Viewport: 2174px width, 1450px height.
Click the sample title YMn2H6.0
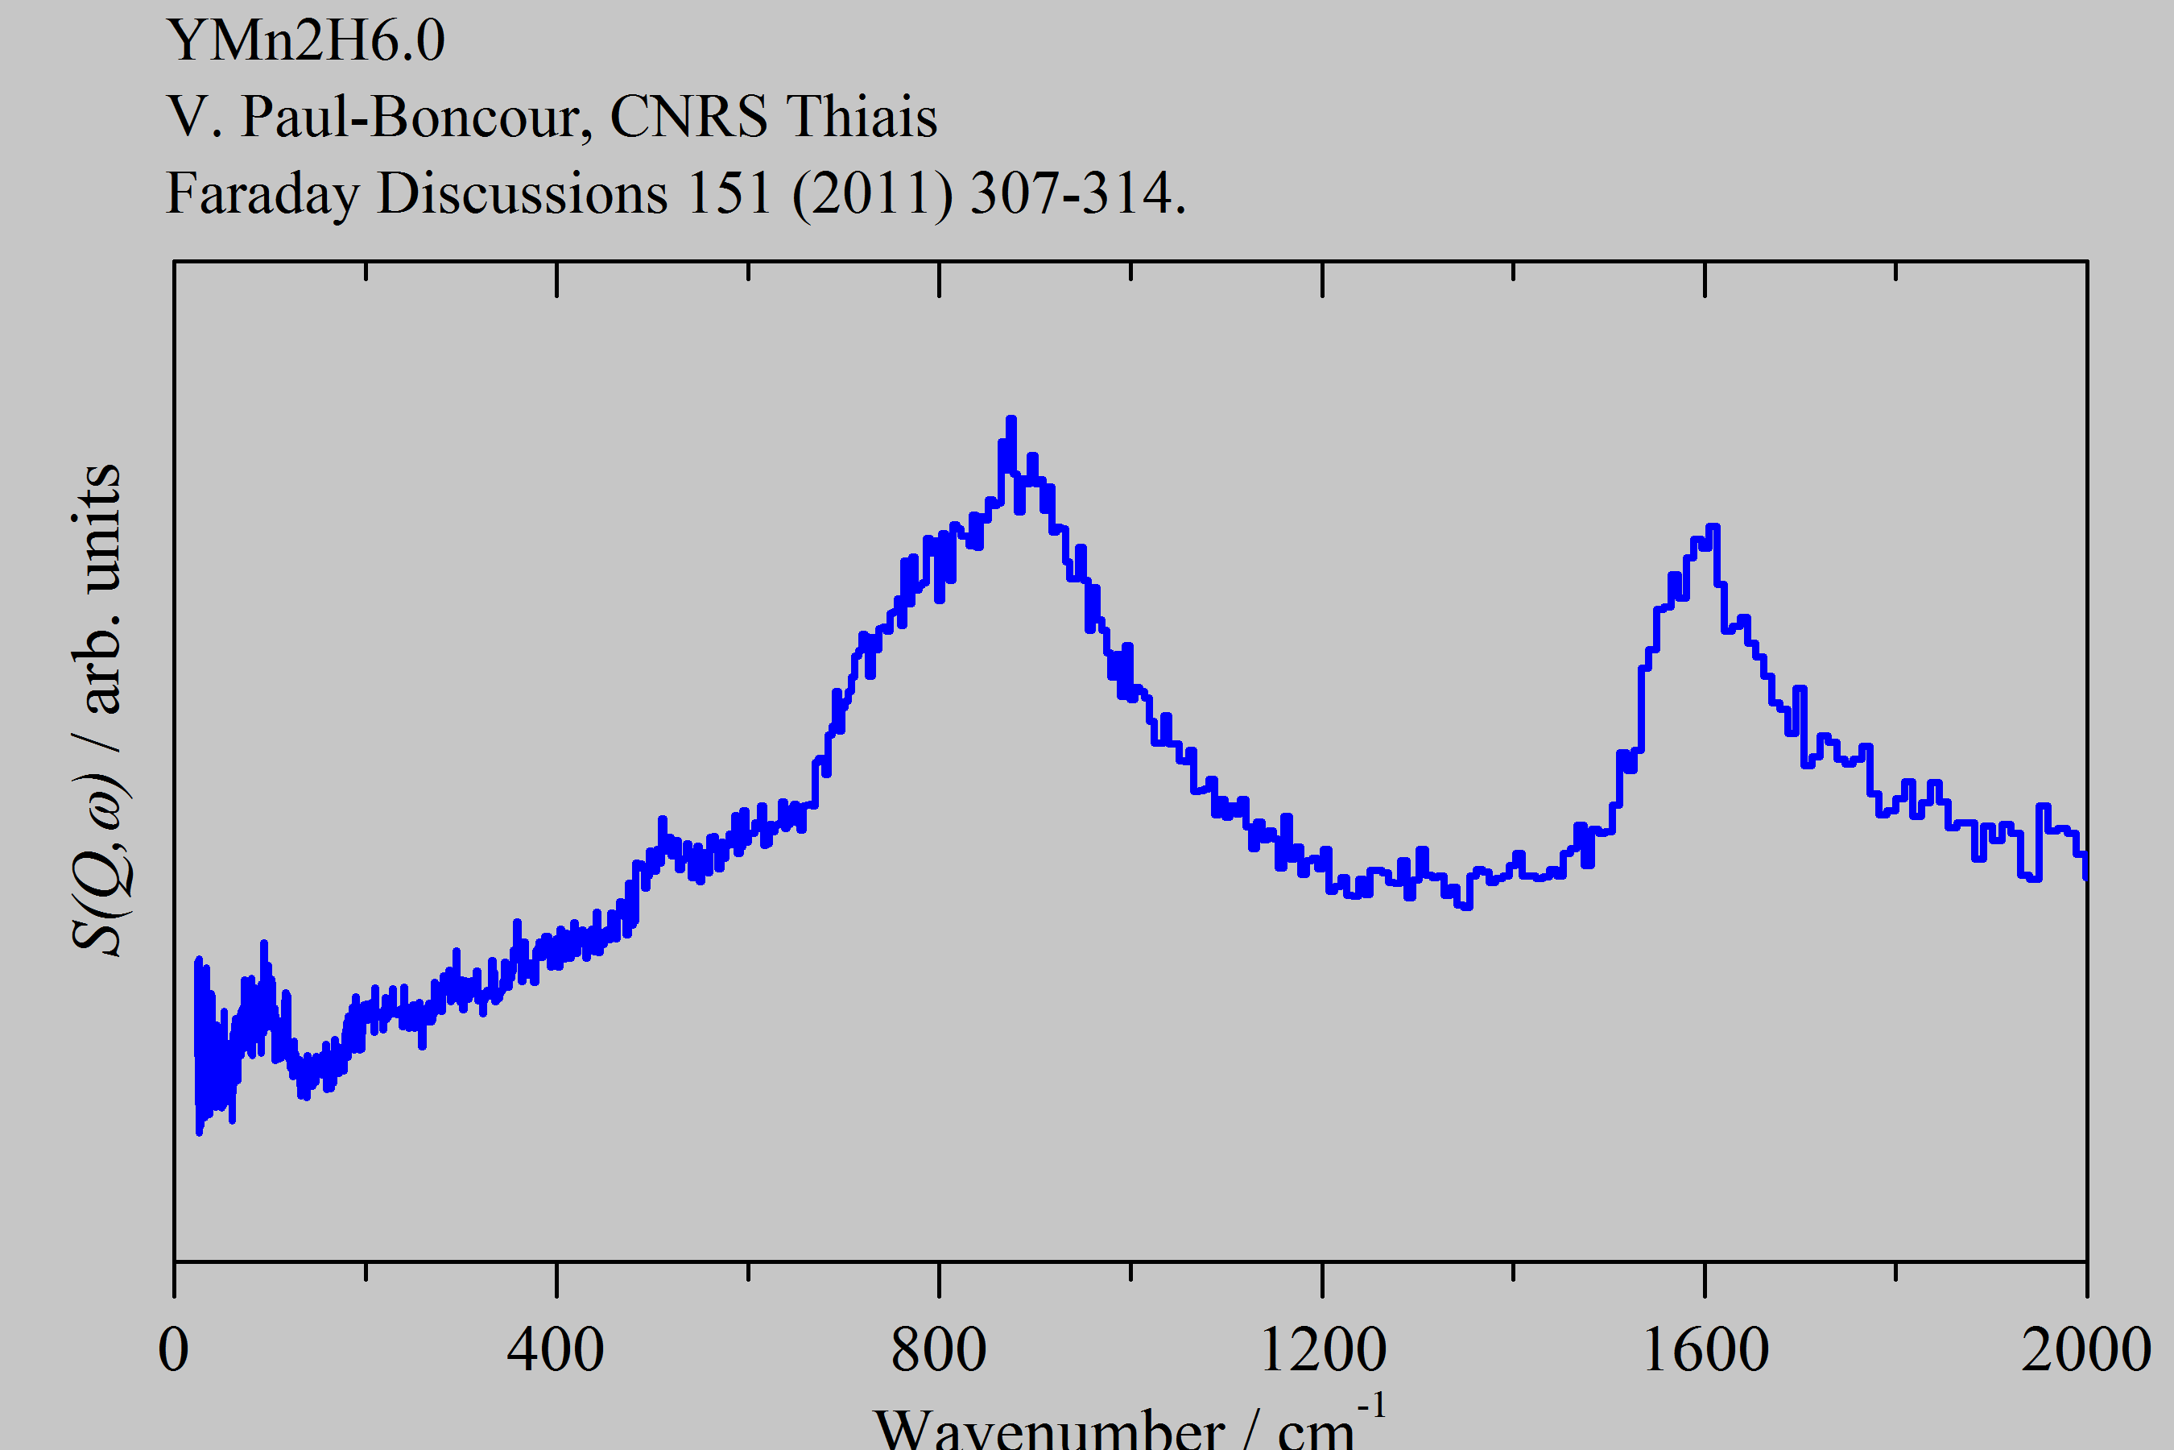click(306, 41)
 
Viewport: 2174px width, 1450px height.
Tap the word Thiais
click(862, 118)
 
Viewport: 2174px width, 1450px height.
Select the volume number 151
click(729, 194)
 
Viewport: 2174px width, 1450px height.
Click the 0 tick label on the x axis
click(174, 1351)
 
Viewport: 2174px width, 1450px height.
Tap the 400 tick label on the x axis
click(556, 1351)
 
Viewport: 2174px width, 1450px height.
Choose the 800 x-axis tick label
click(938, 1351)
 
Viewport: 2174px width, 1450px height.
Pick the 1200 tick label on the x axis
click(1323, 1351)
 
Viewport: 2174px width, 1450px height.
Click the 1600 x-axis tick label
click(1705, 1351)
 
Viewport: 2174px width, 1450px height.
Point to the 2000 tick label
click(2085, 1351)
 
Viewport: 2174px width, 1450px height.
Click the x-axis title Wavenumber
click(1048, 1429)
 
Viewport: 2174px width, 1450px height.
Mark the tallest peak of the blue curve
click(1011, 420)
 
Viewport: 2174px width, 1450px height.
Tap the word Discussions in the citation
click(523, 194)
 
